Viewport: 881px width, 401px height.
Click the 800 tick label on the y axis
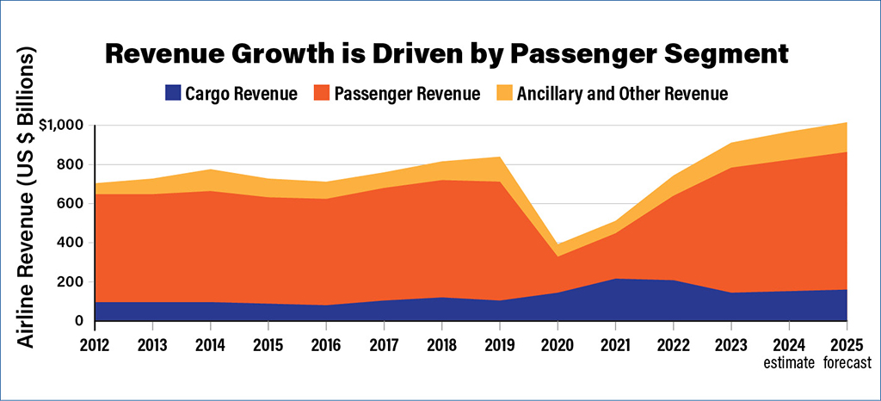(70, 164)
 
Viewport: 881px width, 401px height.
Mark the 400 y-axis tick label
(70, 243)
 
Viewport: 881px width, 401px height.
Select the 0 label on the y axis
(79, 321)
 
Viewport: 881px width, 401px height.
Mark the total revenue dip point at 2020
(558, 245)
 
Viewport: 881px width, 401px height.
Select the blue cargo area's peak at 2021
(616, 279)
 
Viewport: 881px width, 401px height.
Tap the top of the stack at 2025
(847, 123)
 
